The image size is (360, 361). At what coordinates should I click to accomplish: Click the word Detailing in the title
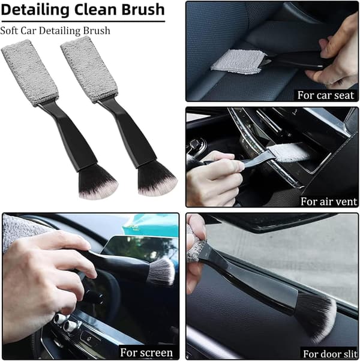click(35, 10)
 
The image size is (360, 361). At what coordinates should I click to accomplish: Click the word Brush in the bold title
click(143, 10)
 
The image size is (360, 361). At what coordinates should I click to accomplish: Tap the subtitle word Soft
click(9, 31)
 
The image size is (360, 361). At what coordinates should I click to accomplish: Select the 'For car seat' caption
click(325, 95)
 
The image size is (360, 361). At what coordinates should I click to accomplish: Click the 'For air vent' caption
click(329, 201)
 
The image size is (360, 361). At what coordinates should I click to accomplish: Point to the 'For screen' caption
click(146, 353)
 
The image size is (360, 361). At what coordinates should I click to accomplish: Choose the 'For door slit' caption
click(330, 354)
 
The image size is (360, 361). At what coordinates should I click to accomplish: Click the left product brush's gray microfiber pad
click(30, 73)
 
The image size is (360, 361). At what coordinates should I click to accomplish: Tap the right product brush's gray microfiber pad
click(89, 70)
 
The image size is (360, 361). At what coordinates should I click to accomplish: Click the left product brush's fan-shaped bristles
click(97, 182)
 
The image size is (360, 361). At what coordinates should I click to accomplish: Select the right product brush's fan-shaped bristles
click(157, 179)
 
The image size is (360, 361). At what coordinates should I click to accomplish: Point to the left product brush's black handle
click(69, 136)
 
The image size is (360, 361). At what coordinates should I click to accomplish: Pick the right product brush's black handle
click(128, 133)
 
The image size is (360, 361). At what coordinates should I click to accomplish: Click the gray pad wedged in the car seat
click(239, 62)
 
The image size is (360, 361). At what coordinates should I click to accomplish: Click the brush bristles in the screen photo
click(162, 272)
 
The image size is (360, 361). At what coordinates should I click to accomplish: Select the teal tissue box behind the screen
click(151, 227)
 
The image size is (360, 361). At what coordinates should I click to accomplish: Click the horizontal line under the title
click(83, 22)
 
